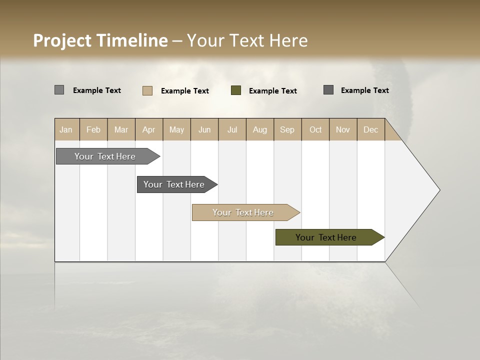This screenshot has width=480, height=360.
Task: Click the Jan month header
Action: (66, 129)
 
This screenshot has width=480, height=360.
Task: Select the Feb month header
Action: (93, 129)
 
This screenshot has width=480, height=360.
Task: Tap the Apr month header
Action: (148, 129)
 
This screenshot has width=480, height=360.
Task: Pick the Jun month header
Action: (204, 129)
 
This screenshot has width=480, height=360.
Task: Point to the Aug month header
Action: (259, 129)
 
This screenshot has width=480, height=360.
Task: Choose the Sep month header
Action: (287, 129)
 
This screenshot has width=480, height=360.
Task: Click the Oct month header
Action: (315, 129)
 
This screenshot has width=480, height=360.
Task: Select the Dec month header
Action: (370, 129)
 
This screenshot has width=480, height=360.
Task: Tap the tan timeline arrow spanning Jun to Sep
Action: (243, 212)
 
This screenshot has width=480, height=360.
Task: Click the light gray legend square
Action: (59, 90)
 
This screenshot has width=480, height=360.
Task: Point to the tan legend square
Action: (147, 90)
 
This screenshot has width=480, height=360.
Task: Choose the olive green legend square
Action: (236, 90)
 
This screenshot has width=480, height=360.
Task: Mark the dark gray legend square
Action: (328, 90)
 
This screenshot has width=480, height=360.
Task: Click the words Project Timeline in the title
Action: (100, 40)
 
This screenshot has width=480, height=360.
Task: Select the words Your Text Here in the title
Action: (247, 40)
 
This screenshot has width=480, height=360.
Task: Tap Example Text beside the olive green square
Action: (272, 91)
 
